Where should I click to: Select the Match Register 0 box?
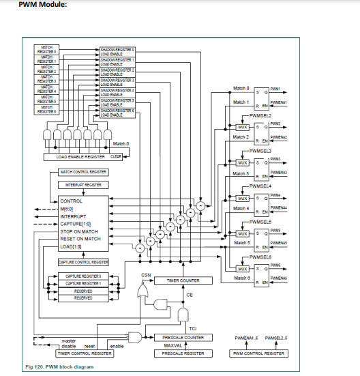click(x=47, y=50)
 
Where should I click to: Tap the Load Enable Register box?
click(x=80, y=156)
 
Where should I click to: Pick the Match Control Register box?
click(x=84, y=172)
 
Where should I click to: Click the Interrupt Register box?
click(x=84, y=185)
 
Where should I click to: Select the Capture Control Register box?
click(x=84, y=261)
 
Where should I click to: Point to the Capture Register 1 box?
click(x=84, y=283)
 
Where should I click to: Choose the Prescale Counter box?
click(x=183, y=337)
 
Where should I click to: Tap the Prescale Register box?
click(x=183, y=353)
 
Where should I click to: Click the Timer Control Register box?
click(x=85, y=353)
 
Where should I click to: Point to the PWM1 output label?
click(x=275, y=88)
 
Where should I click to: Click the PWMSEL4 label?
click(x=260, y=186)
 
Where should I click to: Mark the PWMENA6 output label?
click(x=278, y=278)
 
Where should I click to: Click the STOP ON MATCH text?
click(x=79, y=232)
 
